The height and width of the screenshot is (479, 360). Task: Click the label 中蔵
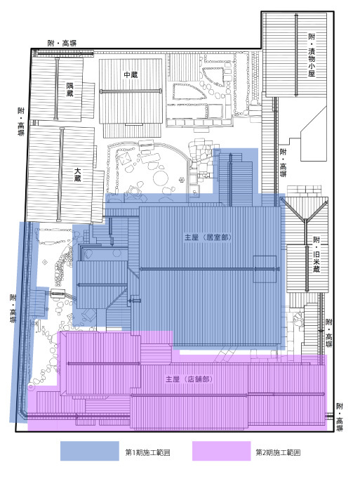coord(131,74)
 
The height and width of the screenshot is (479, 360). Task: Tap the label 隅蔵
coord(70,89)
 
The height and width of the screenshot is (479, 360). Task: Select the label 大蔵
coord(78,174)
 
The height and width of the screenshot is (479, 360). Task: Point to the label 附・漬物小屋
coord(312,55)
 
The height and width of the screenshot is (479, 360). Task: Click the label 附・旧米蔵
coord(316,254)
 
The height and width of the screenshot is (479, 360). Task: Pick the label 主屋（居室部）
coord(208,237)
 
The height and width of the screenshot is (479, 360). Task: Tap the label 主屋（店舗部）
coord(189,379)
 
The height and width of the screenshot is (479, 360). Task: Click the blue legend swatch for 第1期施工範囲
coord(89,451)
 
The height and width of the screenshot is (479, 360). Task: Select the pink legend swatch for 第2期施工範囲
coord(221,451)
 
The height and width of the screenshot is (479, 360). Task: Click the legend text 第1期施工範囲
coord(147,452)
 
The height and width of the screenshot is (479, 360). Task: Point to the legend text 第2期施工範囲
coord(278,452)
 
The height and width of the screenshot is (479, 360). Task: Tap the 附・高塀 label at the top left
coord(62,43)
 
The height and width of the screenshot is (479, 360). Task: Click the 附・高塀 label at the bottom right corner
coord(340,417)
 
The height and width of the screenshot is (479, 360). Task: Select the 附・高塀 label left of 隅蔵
coord(21,122)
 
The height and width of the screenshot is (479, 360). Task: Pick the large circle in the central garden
coord(160,178)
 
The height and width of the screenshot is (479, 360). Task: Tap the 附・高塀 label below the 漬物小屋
coord(283,163)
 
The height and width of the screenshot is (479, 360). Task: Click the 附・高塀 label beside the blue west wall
coord(13,308)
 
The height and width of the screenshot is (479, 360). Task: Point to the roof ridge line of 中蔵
coord(131,91)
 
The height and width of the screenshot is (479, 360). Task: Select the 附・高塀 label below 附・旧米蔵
coord(328,333)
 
